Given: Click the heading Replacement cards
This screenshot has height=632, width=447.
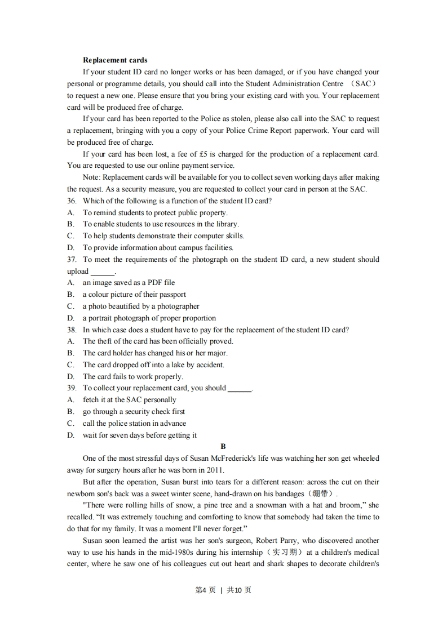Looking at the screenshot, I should pyautogui.click(x=115, y=60).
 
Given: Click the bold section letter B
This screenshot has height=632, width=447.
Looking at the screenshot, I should pyautogui.click(x=223, y=447).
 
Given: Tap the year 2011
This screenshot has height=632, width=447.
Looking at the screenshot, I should pyautogui.click(x=215, y=470).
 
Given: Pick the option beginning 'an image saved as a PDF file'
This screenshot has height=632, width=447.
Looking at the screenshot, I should pyautogui.click(x=129, y=283).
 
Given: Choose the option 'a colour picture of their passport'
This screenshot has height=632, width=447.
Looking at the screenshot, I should pyautogui.click(x=134, y=295).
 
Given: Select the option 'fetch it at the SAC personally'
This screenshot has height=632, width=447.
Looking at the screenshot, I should pyautogui.click(x=129, y=400).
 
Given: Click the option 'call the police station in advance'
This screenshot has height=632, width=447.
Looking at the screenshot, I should pyautogui.click(x=134, y=424).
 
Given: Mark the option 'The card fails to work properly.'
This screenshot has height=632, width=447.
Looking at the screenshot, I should pyautogui.click(x=132, y=377).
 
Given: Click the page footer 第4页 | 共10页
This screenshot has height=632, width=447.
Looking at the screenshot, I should pyautogui.click(x=223, y=590).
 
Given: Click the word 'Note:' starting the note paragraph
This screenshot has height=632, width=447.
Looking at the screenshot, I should pyautogui.click(x=91, y=177).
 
